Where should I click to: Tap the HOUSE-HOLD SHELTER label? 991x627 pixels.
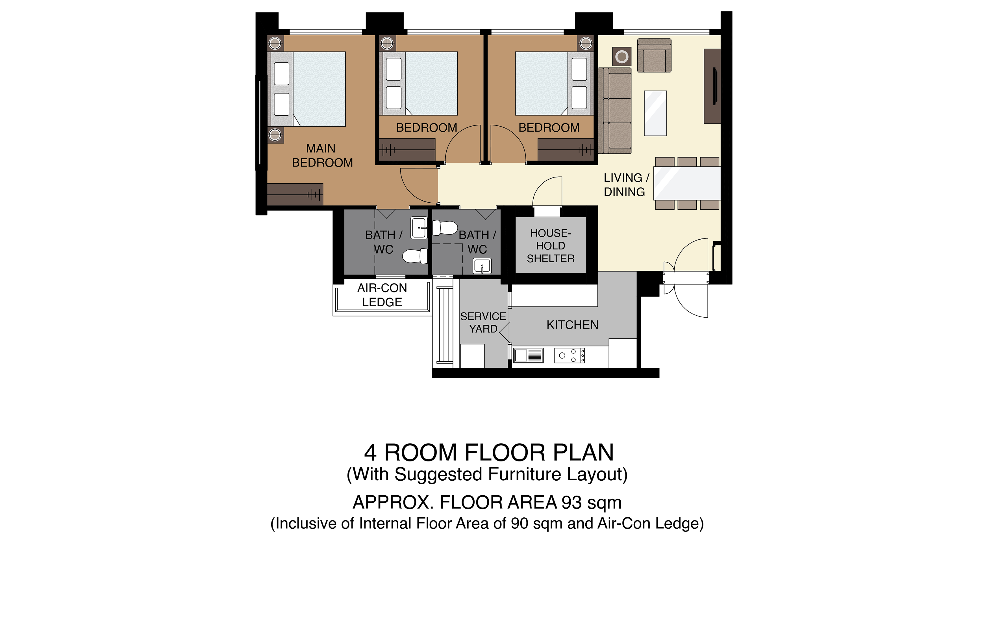click(x=551, y=246)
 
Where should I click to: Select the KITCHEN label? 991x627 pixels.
click(x=572, y=325)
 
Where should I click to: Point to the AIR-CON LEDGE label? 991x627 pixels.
click(x=382, y=295)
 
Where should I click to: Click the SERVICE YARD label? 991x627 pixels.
click(x=483, y=322)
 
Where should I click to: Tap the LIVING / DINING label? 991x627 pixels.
click(x=626, y=185)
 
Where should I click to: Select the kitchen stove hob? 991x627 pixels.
click(x=570, y=355)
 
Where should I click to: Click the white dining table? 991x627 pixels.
click(x=687, y=183)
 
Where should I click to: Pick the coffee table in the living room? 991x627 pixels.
click(x=655, y=113)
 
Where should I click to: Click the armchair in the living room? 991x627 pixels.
click(x=654, y=56)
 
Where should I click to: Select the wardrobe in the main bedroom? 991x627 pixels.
click(x=295, y=194)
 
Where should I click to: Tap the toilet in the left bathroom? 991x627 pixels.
click(x=415, y=256)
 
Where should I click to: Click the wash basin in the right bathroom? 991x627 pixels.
click(x=482, y=266)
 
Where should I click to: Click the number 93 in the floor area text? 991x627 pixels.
click(x=572, y=502)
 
